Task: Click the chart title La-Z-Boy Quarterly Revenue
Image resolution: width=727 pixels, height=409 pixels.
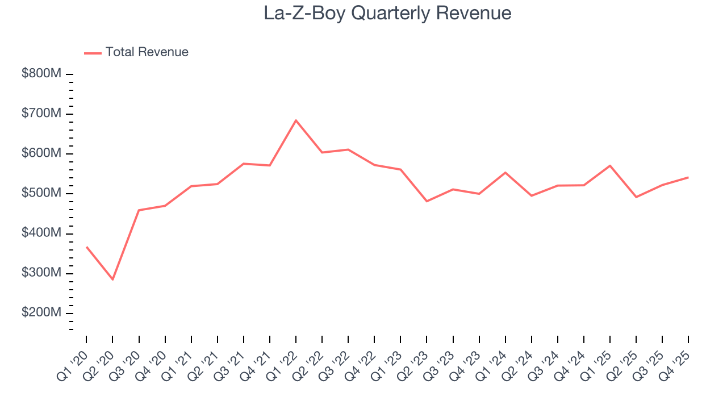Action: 387,13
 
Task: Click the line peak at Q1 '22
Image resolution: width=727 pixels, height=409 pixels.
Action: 296,120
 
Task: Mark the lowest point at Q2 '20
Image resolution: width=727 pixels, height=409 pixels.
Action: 112,279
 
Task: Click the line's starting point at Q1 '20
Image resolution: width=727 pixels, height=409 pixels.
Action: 86,247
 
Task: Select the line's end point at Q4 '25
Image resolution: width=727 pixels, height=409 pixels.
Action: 688,177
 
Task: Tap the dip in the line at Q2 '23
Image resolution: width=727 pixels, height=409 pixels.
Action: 427,201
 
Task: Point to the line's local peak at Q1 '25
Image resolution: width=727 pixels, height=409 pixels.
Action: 610,165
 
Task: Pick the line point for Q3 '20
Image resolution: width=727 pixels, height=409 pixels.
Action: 139,210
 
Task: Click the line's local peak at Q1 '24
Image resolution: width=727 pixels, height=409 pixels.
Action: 505,172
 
